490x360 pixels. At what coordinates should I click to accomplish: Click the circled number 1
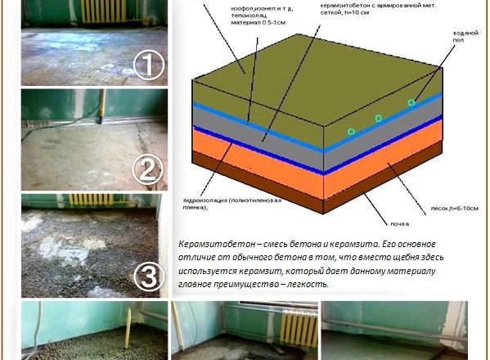click(149, 65)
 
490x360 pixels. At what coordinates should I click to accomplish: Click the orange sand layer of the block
click(262, 155)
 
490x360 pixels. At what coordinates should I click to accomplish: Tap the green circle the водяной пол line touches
click(411, 102)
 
